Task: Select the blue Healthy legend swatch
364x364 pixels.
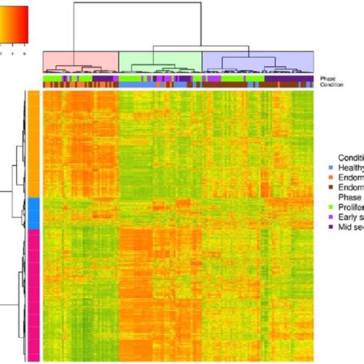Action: [330, 167]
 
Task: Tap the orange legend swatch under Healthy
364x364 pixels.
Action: [330, 176]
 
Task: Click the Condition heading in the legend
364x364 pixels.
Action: [350, 157]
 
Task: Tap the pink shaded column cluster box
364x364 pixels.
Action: [81, 61]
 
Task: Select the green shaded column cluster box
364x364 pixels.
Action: [160, 61]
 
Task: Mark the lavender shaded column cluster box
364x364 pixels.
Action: [257, 61]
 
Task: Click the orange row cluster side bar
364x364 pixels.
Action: [33, 144]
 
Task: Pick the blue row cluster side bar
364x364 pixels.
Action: [33, 212]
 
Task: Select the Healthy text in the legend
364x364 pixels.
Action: [350, 167]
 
